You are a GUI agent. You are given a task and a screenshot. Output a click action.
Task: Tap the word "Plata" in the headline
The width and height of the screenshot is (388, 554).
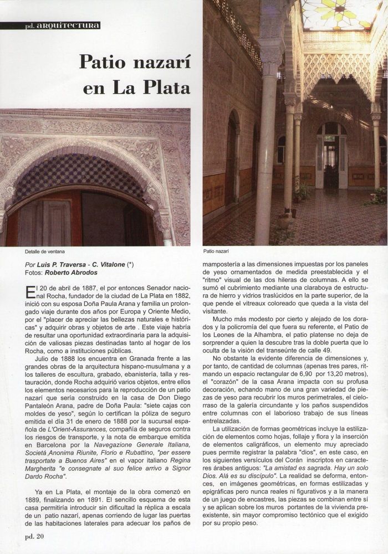tap(166, 88)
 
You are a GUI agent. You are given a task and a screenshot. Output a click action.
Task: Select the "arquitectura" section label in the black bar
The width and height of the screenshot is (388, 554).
tap(72, 25)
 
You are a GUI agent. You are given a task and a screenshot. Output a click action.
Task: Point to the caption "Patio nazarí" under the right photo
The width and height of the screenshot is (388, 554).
tap(217, 251)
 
